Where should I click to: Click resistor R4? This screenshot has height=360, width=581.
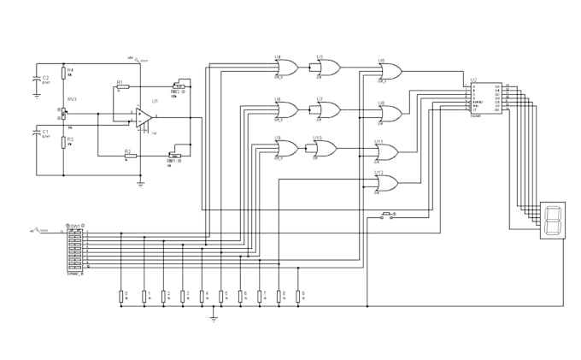click(63, 74)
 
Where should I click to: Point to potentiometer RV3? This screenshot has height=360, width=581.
click(64, 111)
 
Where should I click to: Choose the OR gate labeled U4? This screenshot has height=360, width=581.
click(285, 67)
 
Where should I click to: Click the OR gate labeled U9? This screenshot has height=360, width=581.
click(285, 148)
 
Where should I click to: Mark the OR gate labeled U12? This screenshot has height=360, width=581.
click(386, 182)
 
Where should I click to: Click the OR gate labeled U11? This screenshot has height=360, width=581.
click(386, 151)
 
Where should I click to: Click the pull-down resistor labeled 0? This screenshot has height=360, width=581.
click(122, 296)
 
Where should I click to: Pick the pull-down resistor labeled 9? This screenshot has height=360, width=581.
click(297, 296)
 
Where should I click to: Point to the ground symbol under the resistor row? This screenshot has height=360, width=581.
click(214, 319)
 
